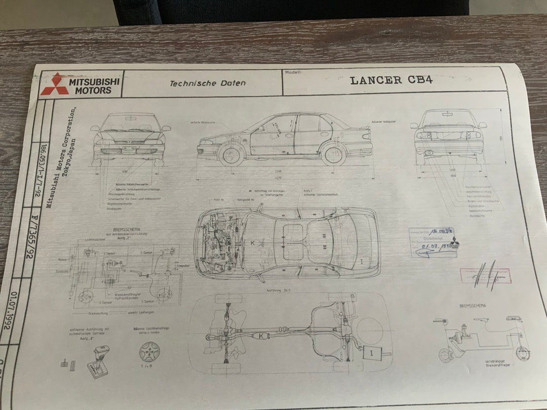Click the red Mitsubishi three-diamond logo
55,84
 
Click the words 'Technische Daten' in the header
208,83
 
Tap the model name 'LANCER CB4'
391,80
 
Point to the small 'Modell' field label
293,72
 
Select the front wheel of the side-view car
231,154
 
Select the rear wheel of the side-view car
334,154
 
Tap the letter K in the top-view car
252,243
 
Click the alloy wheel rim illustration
150,350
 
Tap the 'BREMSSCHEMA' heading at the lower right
473,306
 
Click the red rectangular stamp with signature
485,276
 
